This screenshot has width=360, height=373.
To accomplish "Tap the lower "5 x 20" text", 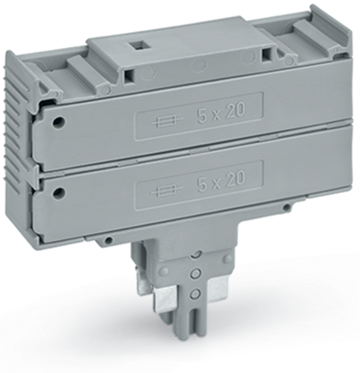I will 221,180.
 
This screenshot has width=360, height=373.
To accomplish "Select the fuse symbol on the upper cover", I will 162,121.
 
